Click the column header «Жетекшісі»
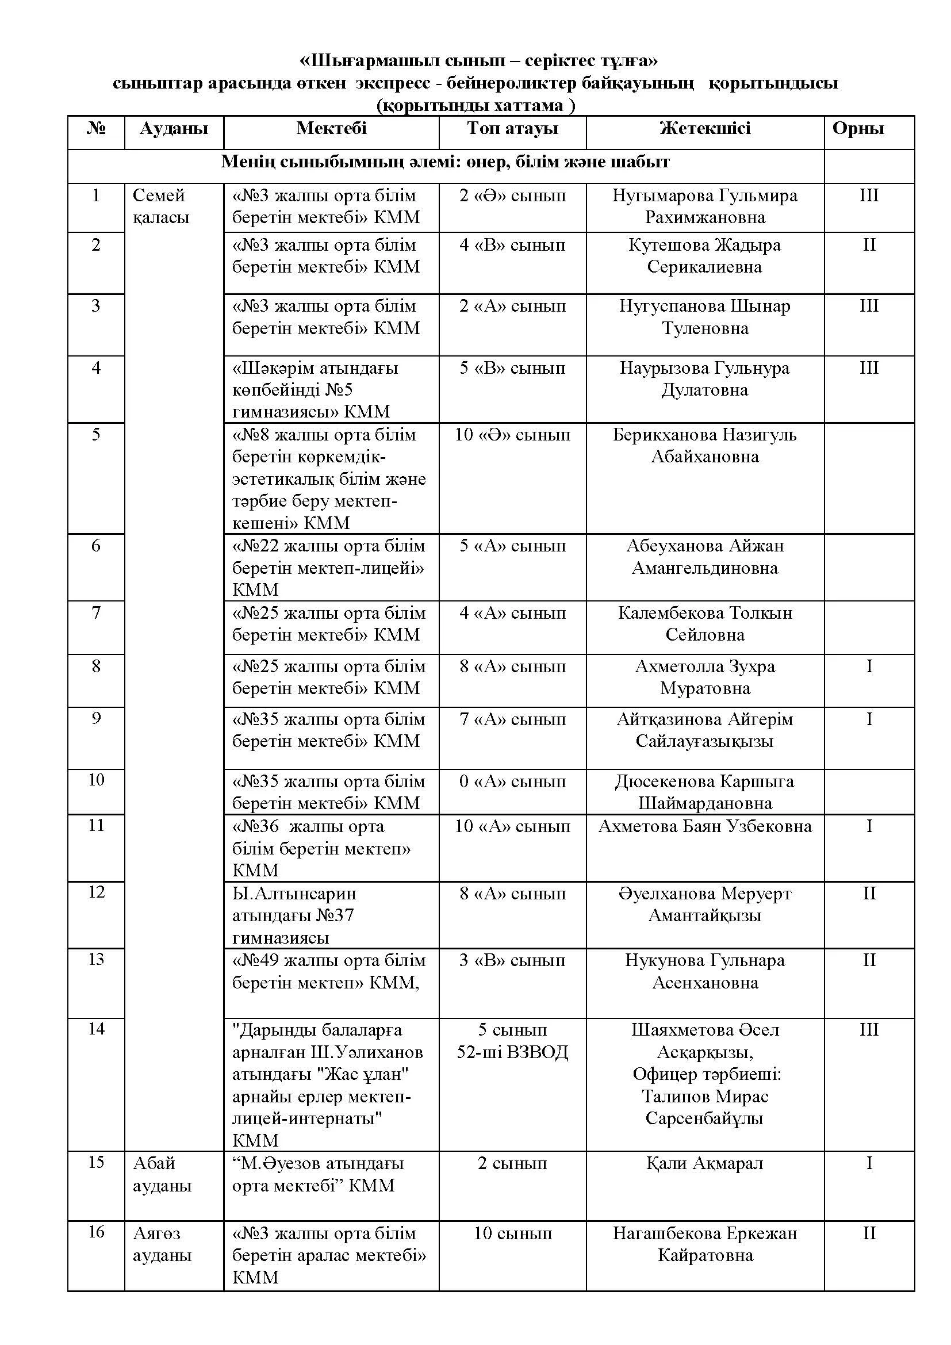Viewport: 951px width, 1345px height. (x=704, y=128)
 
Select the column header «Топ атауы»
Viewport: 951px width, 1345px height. (x=512, y=128)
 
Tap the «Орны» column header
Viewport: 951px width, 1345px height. (x=858, y=128)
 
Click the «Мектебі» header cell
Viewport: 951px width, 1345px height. (x=331, y=128)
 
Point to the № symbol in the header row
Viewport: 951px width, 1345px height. (x=96, y=128)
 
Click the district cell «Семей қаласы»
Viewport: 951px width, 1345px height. (x=161, y=206)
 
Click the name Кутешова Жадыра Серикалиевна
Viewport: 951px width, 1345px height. (x=704, y=255)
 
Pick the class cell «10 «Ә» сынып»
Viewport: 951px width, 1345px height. (x=512, y=435)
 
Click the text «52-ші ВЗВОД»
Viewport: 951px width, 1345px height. (x=512, y=1052)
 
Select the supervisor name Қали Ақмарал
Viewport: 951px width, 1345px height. (x=704, y=1163)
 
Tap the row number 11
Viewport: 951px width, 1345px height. (x=96, y=825)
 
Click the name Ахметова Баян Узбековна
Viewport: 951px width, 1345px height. (x=704, y=826)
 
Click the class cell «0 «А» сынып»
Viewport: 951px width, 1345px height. (x=512, y=781)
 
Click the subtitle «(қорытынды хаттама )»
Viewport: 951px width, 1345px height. (x=475, y=105)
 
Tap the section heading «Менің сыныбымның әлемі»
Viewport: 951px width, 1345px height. (x=445, y=162)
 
